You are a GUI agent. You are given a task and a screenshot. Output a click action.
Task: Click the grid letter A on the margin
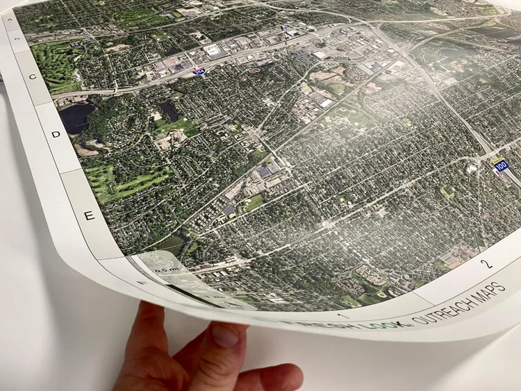[x=10, y=20]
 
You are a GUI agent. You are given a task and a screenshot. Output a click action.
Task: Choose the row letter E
[x=88, y=216]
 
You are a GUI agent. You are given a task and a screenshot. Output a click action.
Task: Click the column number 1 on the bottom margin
[x=347, y=315]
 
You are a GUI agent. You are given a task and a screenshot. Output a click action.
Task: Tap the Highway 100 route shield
[x=500, y=165]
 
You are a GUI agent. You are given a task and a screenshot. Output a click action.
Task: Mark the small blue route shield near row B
[x=75, y=44]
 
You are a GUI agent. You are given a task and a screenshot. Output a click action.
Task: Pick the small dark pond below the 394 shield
[x=169, y=110]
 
